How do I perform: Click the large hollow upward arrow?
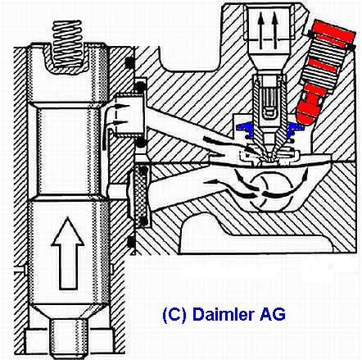[x=67, y=253]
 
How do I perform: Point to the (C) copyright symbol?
[x=174, y=315]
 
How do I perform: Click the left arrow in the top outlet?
[x=261, y=31]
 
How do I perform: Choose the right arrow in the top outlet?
[x=274, y=31]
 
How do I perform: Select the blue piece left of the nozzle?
[x=246, y=127]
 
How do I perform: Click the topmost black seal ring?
[x=130, y=63]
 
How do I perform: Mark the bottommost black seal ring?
[x=132, y=241]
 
